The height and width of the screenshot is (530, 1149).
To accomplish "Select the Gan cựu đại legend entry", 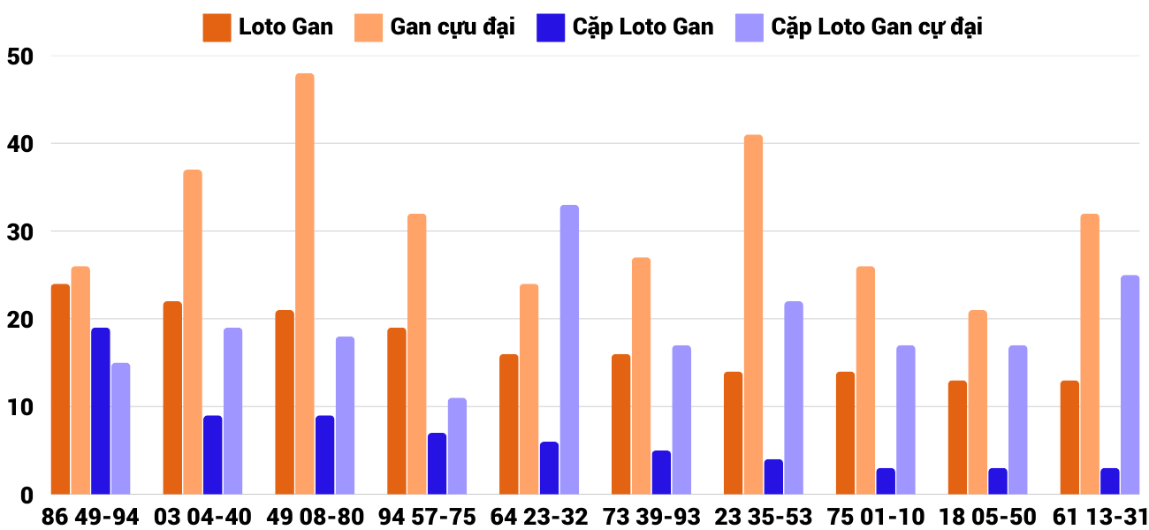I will point(435,26).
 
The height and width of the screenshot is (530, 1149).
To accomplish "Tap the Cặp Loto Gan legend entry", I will point(625,26).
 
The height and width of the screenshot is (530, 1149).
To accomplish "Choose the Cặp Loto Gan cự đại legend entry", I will point(858,26).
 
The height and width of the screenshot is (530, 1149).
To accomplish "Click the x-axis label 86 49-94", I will point(90,517).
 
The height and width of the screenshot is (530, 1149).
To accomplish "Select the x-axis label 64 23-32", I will point(538,517).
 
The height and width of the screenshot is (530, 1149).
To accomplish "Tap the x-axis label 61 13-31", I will point(1099,517).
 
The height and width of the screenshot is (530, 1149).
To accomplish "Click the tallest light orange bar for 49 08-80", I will point(304,283).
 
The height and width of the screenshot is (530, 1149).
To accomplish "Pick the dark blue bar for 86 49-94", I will point(101,411).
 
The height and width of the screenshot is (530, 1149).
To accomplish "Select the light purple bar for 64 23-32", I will point(569,349).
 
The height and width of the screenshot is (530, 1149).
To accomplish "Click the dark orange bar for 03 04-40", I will point(172,397).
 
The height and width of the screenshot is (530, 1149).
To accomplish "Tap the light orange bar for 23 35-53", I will point(753,314).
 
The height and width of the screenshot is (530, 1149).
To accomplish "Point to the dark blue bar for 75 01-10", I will point(886,481).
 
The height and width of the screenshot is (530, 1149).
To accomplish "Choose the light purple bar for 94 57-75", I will point(457,446).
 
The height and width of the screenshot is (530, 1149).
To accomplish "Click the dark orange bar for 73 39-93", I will point(620,424).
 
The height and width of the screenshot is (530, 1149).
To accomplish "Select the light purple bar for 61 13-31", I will point(1130,384).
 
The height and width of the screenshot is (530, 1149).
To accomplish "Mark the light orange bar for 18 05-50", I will point(977,402).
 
